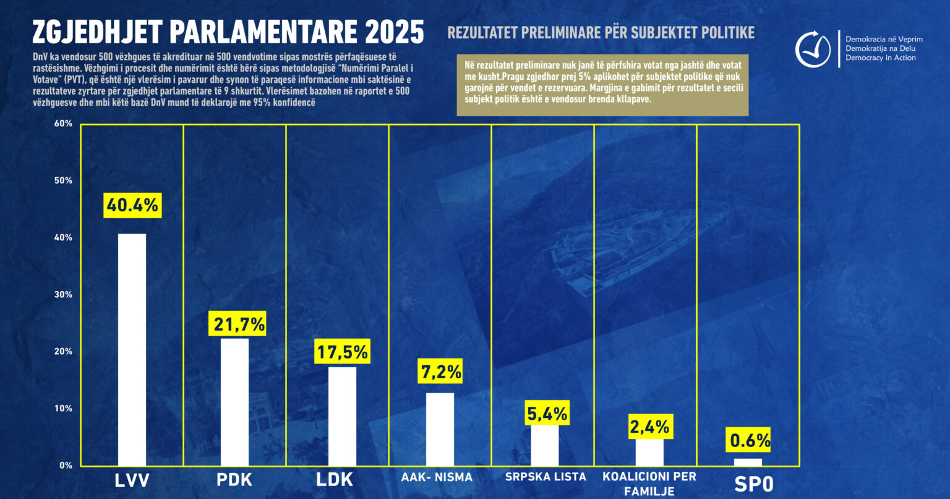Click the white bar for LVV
pos(132,350)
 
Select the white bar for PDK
pos(234,402)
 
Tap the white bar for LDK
pos(342,416)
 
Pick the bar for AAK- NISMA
pos(440,429)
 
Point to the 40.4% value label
pos(132,205)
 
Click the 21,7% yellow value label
pos(239,323)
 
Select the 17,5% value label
pos(343,352)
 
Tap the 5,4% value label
pos(547,413)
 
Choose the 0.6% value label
pos(750,440)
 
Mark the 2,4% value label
pos(649,427)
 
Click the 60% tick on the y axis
pos(64,124)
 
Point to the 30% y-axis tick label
pos(64,295)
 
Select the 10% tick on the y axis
pos(64,409)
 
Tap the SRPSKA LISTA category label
pos(546,477)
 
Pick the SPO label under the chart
pos(754,484)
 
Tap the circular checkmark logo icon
pos(812,50)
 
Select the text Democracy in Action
pos(881,58)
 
